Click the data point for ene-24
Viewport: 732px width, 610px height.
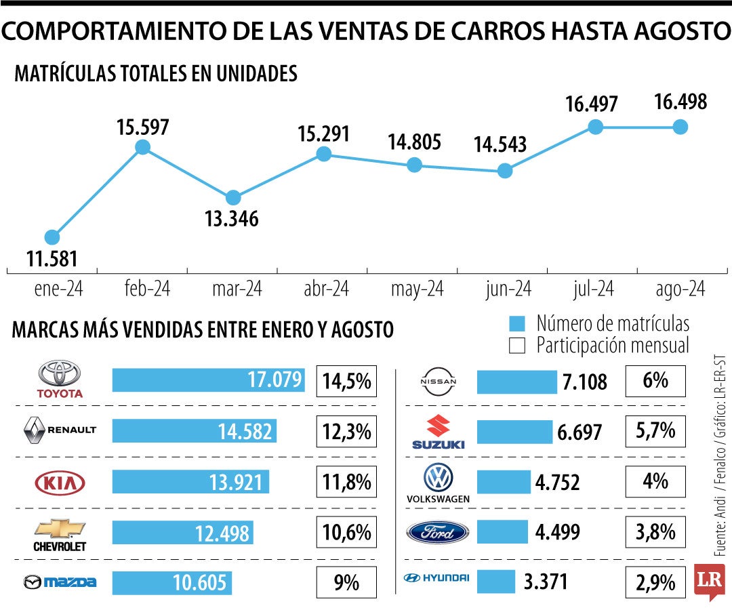(52, 237)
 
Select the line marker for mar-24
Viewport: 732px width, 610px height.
(233, 198)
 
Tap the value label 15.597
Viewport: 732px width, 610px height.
(142, 127)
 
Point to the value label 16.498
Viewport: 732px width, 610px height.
(680, 102)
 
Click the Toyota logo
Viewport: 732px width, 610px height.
(59, 379)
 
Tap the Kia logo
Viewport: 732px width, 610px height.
(60, 483)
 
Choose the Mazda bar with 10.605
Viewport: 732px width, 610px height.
(171, 582)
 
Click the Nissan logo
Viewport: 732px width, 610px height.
(439, 382)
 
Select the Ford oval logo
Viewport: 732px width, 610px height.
(437, 532)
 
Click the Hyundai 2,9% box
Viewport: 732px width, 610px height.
(655, 582)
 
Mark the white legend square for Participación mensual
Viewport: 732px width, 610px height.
(517, 346)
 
